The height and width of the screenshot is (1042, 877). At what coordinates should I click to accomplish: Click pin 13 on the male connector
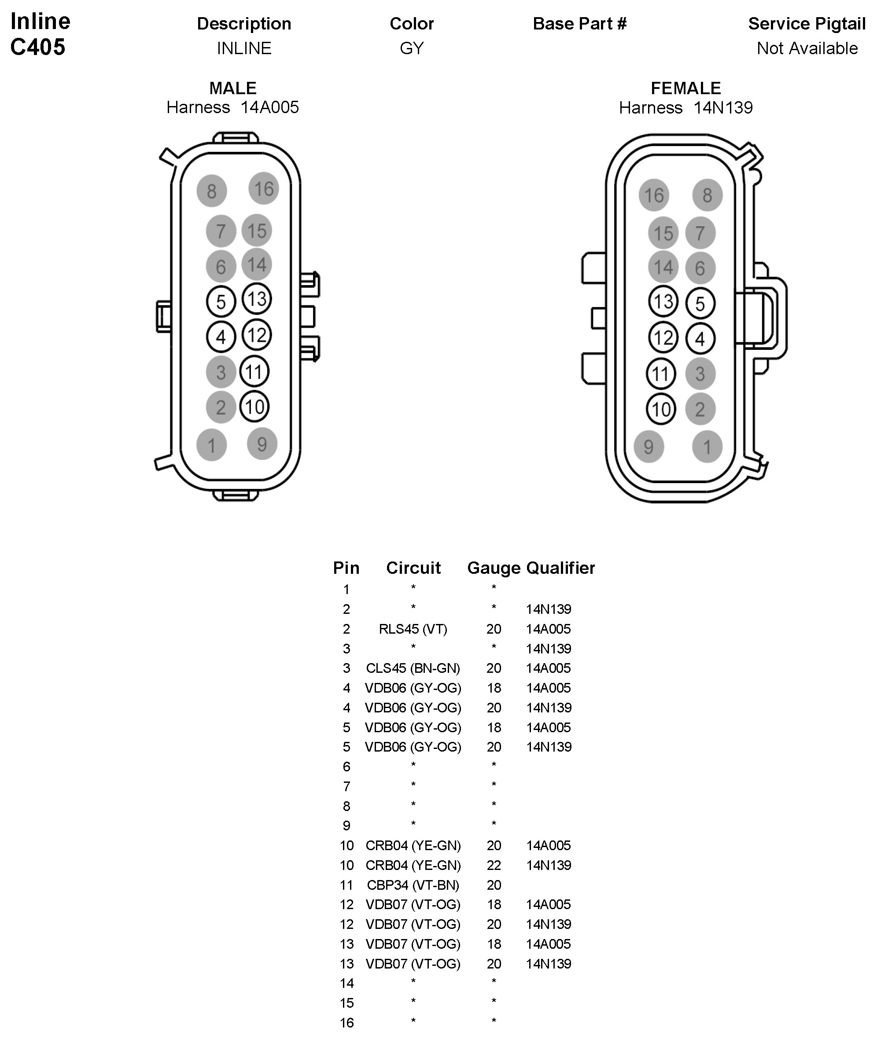[x=257, y=299]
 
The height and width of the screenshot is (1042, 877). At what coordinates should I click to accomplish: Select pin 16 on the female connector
[x=654, y=195]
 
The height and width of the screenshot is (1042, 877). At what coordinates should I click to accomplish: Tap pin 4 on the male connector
[x=221, y=337]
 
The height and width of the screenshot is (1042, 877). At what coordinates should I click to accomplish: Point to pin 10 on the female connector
[x=661, y=409]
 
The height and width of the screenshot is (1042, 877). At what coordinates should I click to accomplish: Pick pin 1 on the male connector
[x=211, y=445]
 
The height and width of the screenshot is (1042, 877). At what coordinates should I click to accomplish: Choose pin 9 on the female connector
[x=649, y=446]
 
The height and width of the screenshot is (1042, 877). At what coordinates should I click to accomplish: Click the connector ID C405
[x=38, y=47]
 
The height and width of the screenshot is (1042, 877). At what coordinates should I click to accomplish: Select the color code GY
[x=412, y=48]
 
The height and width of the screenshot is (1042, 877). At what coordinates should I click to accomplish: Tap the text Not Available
[x=807, y=48]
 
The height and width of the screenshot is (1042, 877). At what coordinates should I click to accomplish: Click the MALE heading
[x=232, y=88]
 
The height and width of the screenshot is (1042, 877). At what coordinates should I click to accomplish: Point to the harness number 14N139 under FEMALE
[x=723, y=107]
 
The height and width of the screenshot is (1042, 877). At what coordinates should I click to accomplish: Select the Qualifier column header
[x=560, y=568]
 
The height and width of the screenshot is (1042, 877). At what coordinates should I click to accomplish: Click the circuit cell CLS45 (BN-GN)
[x=413, y=668]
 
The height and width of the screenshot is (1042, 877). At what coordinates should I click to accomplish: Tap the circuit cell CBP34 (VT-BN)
[x=413, y=884]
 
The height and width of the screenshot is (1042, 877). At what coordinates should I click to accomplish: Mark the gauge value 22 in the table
[x=494, y=865]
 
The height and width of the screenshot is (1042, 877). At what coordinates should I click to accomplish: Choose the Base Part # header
[x=580, y=23]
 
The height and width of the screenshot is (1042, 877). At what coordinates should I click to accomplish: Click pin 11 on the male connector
[x=254, y=371]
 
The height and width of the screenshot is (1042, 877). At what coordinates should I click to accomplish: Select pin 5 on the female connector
[x=700, y=303]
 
